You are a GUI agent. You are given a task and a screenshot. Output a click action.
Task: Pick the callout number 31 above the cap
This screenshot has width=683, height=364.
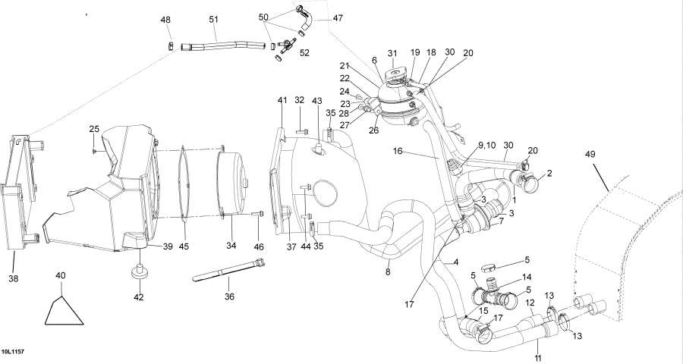(392, 53)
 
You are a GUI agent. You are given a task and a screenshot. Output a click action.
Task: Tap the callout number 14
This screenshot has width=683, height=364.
(526, 277)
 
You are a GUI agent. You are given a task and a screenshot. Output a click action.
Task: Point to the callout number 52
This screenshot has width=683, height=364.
(304, 53)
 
